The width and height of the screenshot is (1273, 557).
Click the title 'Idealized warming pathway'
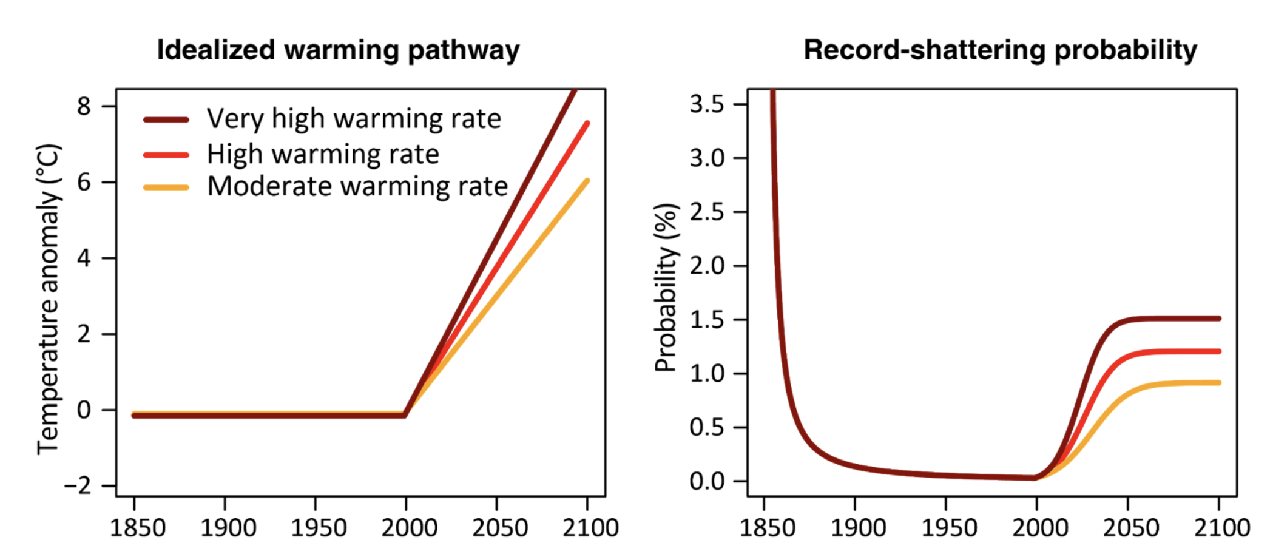pos(338,50)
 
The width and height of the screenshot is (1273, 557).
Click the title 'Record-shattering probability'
pos(1000,50)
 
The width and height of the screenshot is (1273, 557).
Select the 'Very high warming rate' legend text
pos(354,119)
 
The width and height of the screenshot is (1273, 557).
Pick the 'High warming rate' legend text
pos(323,154)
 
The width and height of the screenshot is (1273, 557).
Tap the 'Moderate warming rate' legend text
pos(357,186)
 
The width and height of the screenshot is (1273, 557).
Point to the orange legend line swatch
pos(166,187)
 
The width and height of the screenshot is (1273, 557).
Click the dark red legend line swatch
pos(166,120)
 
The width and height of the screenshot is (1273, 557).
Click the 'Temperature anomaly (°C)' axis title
pos(49,299)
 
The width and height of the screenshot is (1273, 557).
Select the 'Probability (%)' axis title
pos(666,288)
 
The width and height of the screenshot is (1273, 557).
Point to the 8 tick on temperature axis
pos(84,107)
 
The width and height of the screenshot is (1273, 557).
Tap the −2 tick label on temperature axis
pos(77,487)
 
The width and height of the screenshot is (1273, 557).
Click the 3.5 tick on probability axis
pos(707,104)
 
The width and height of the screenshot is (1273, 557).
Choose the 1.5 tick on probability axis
pos(707,320)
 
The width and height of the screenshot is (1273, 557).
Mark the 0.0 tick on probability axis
pos(707,482)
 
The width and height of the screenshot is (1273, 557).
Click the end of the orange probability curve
pos(1218,383)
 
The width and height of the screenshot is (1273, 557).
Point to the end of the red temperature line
pos(587,124)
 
